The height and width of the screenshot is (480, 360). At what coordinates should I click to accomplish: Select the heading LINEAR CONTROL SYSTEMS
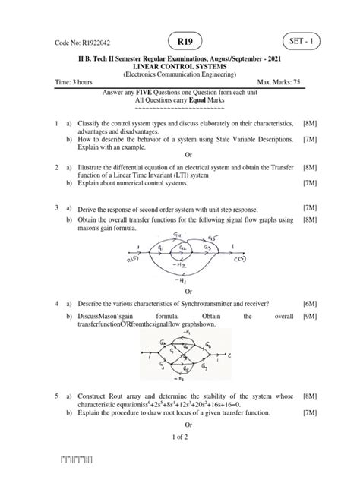tap(180, 67)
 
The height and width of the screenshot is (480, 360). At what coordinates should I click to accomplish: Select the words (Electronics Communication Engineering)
tap(180, 74)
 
